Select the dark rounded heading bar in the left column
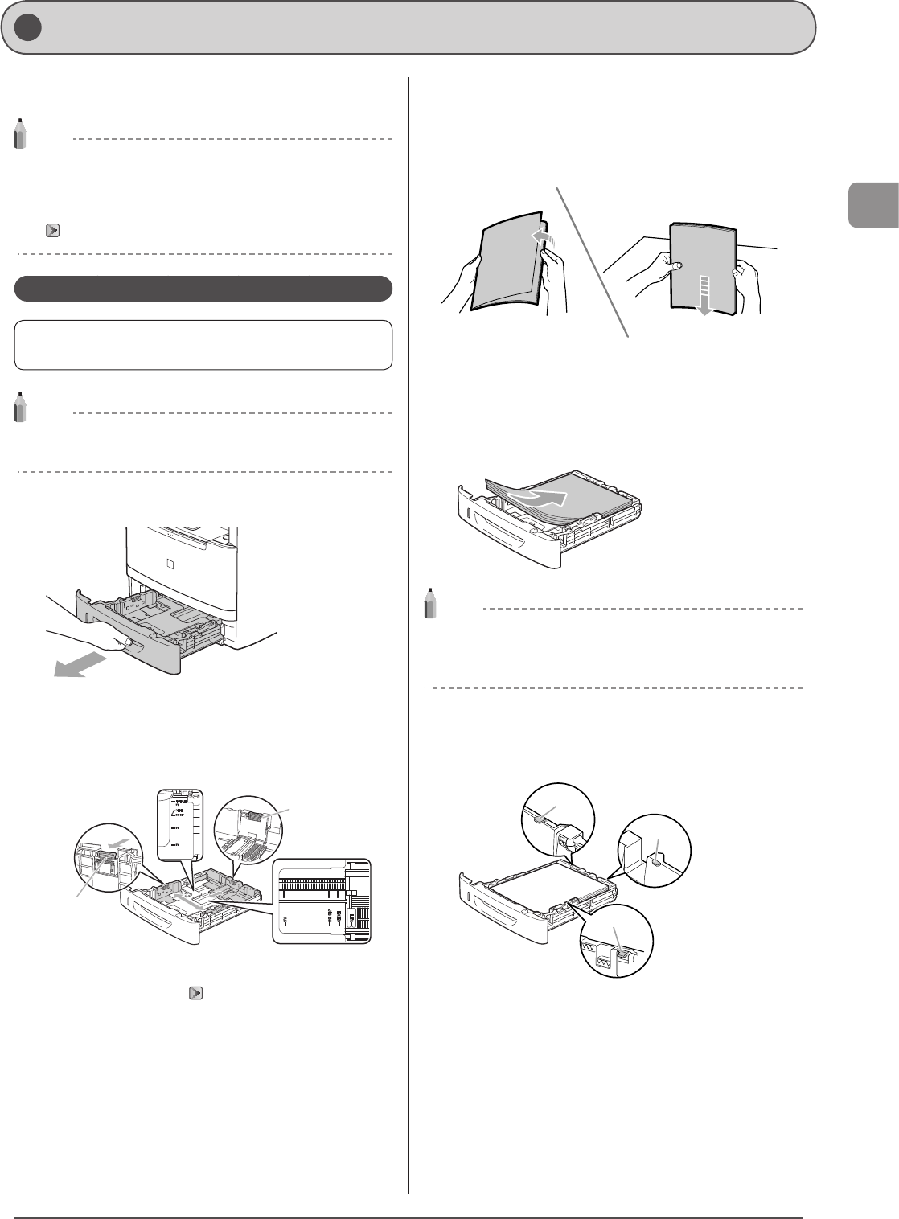(203, 289)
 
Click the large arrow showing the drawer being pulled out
(80, 667)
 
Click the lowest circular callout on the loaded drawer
(615, 941)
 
